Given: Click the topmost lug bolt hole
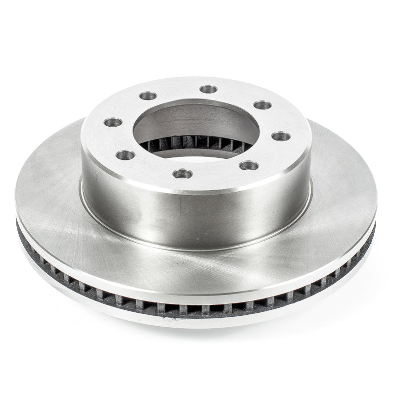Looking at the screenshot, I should (208, 89).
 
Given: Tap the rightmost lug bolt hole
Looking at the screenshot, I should (281, 136).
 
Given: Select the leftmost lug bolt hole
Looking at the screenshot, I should (113, 122).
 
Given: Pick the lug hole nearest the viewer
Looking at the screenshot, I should (183, 173).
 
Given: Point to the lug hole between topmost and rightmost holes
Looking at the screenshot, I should (262, 105).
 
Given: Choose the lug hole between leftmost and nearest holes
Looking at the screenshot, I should (126, 155).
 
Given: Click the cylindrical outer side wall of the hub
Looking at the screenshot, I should (198, 213).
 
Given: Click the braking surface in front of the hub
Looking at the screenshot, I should (198, 270).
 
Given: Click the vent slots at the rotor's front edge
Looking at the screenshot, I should (198, 308).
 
